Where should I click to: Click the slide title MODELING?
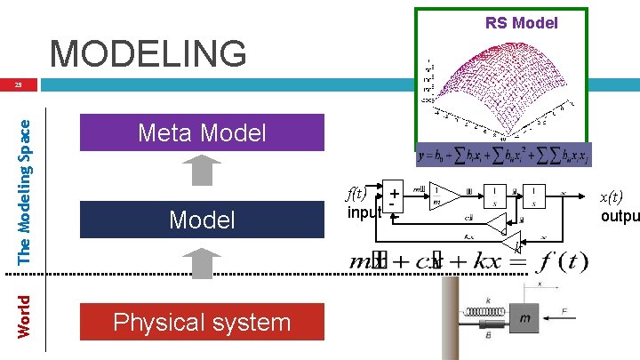[148, 54]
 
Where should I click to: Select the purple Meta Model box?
[202, 133]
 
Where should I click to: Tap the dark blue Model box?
[202, 220]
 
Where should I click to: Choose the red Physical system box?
[202, 322]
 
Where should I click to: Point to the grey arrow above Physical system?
[204, 264]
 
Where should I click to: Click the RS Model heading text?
[521, 23]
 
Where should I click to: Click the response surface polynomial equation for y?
[502, 154]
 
